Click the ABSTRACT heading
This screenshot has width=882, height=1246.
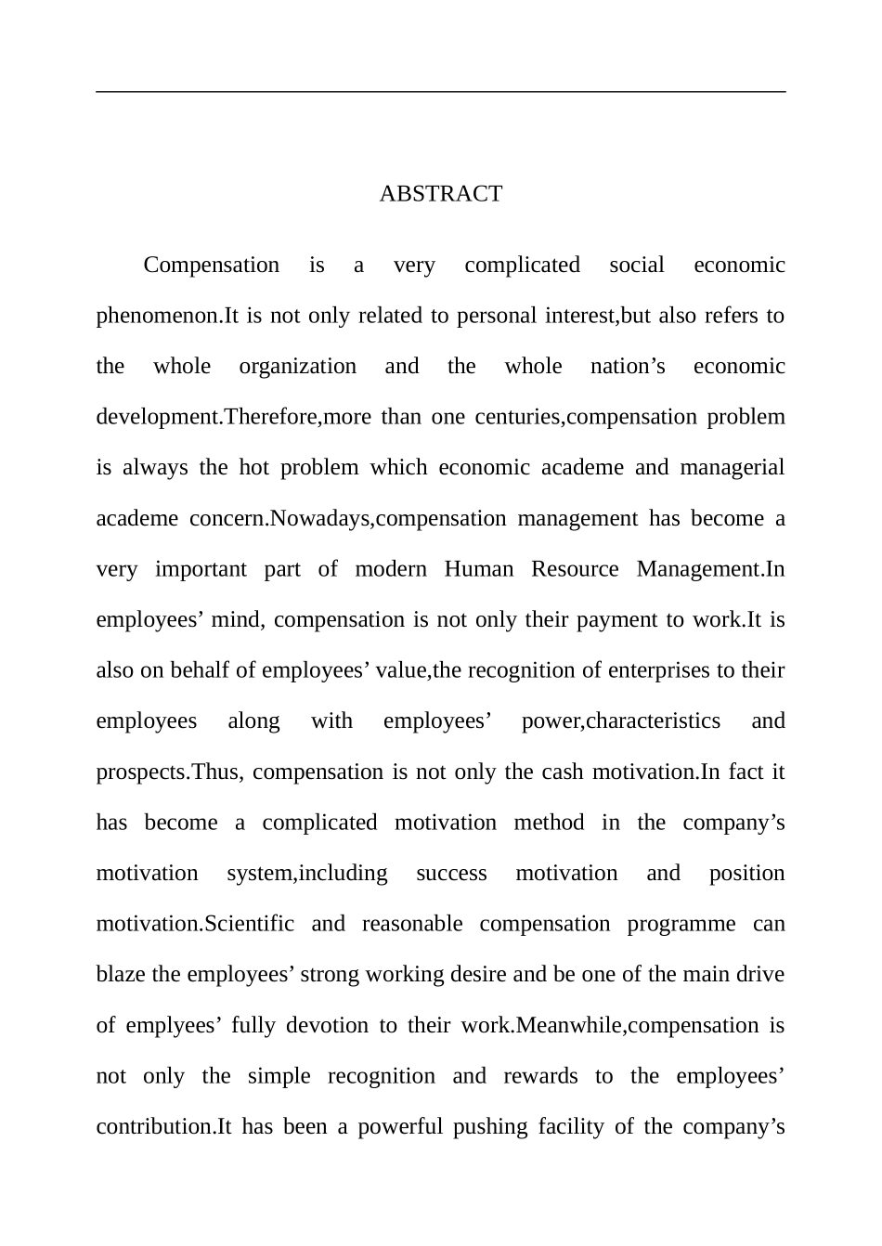point(441,194)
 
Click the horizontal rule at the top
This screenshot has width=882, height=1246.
point(441,92)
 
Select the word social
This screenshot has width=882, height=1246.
point(636,266)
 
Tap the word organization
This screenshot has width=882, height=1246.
point(297,367)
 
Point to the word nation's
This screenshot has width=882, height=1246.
point(628,367)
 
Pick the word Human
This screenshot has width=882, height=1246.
point(478,569)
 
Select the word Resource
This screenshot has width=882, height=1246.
point(575,569)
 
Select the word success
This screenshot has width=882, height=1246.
point(451,874)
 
